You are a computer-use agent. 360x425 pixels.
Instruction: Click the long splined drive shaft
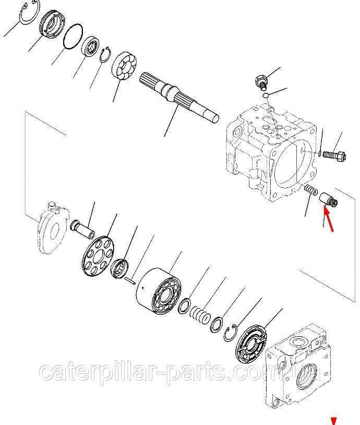pos(179,99)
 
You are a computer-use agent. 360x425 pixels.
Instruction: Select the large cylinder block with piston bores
pos(159,291)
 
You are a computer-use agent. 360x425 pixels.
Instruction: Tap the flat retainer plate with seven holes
pos(98,256)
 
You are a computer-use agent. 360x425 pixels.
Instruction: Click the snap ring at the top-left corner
pos(30,12)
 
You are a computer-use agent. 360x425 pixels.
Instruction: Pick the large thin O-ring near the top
pos(73,37)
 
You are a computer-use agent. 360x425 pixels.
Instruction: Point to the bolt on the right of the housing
pos(334,157)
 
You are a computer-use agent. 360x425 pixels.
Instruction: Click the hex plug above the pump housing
pos(261,82)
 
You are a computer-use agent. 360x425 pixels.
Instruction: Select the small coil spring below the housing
pos(310,189)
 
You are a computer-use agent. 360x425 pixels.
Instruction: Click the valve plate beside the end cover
pos(251,345)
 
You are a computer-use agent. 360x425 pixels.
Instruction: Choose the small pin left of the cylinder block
pos(130,280)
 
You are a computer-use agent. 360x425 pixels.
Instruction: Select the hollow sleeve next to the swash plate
pos(82,229)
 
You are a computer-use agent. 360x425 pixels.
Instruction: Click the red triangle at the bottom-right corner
pos(333,421)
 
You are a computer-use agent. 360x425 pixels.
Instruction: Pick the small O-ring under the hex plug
pos(266,95)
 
